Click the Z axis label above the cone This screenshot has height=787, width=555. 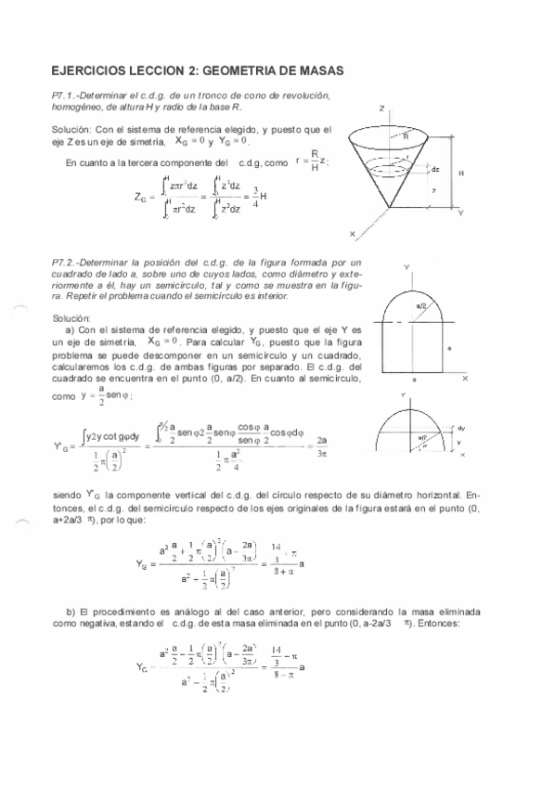coord(383,109)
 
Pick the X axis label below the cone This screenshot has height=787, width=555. coord(352,232)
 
